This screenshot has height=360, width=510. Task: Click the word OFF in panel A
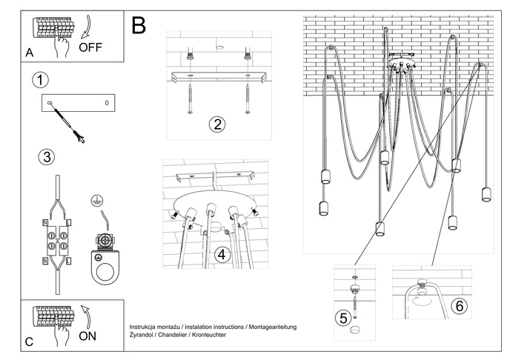click(x=90, y=49)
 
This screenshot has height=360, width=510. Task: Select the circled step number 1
click(x=42, y=79)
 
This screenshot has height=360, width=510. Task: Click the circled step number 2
click(x=216, y=123)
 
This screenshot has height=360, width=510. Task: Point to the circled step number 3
click(x=46, y=156)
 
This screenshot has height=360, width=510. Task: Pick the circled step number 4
click(x=221, y=255)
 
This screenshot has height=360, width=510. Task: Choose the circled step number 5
click(x=342, y=318)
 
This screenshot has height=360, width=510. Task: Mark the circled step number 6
click(x=458, y=306)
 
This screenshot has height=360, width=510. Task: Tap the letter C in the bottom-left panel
click(x=29, y=341)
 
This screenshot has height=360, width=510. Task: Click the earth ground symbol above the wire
click(x=96, y=200)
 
